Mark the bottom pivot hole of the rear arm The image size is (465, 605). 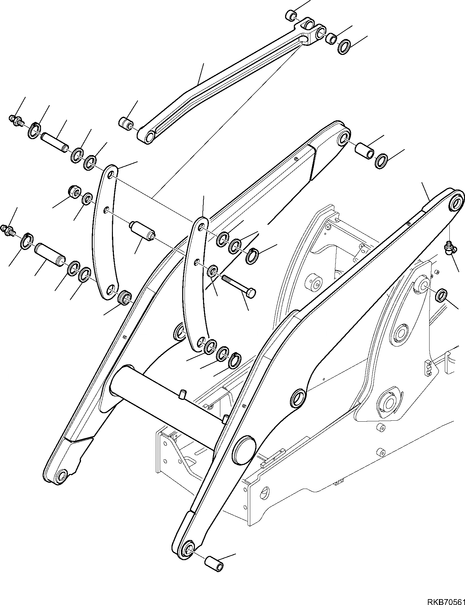click(62, 477)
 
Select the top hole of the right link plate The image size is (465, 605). click(202, 227)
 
